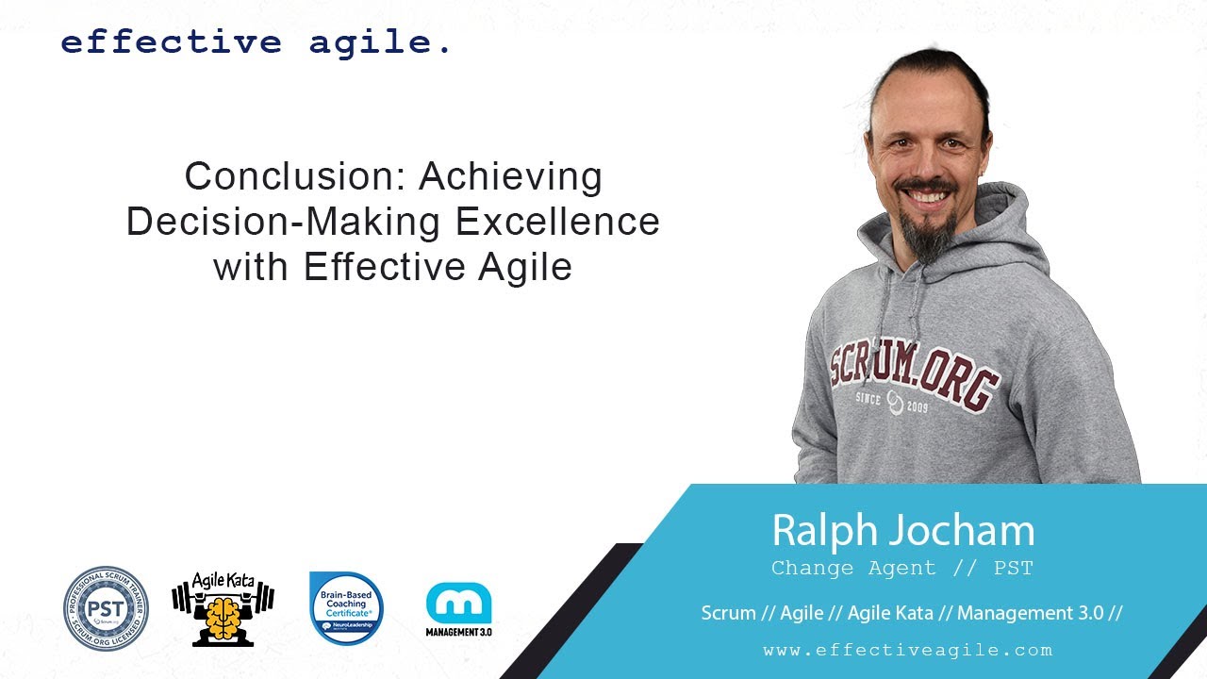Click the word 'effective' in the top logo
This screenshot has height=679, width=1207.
[x=171, y=42]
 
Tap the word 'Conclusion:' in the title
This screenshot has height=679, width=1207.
[x=296, y=177]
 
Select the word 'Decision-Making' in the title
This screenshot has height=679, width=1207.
[x=284, y=222]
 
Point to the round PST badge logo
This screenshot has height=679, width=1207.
[x=107, y=608]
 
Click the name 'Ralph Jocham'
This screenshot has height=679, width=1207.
[x=902, y=531]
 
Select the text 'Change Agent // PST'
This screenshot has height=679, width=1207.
[x=902, y=569]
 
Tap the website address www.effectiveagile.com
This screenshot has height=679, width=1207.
[x=907, y=650]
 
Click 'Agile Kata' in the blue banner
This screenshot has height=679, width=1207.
[x=890, y=613]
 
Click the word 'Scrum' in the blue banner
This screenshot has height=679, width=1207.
[x=728, y=613]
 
